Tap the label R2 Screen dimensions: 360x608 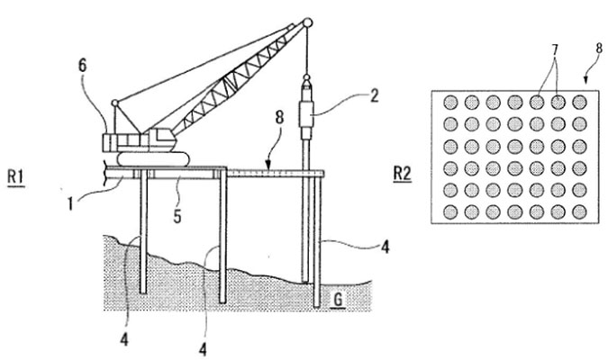click(403, 174)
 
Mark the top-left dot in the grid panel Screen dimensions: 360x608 click(449, 103)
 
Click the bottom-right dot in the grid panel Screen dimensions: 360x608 click(579, 212)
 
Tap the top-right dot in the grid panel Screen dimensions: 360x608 click(579, 103)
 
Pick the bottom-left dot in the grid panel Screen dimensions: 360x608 click(449, 212)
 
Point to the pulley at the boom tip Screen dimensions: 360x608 click(307, 22)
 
